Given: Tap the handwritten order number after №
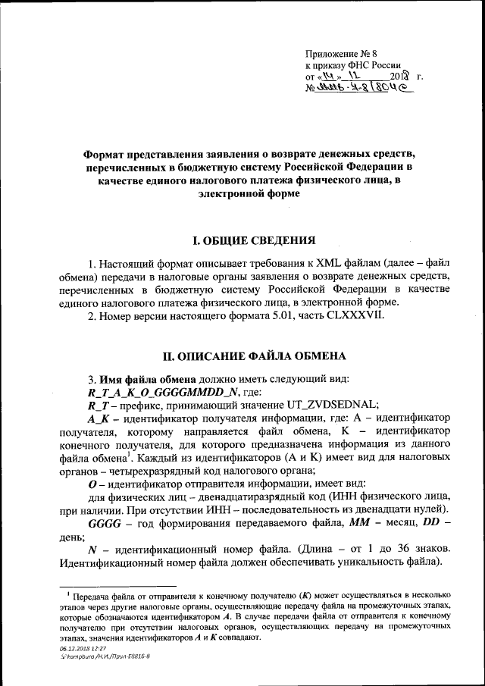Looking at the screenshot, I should coord(372,89).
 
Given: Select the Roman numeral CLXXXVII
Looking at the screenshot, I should coord(361,315).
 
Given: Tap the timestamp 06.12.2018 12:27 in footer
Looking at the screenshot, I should coord(83,649).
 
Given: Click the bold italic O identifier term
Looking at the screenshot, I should coord(92,484).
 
